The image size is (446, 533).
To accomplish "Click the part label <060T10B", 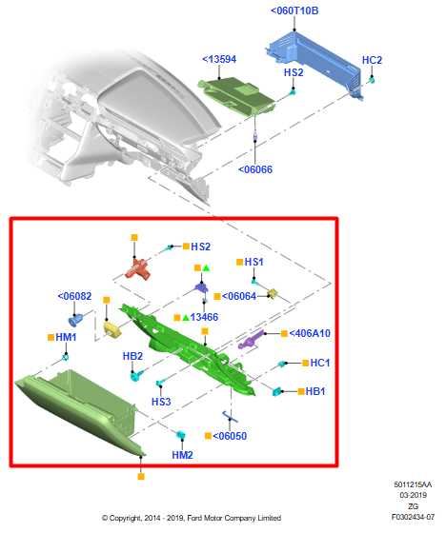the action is (294, 10).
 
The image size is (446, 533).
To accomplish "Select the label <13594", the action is (219, 59).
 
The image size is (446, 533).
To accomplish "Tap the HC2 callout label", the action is (372, 60).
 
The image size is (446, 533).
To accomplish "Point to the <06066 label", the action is (255, 169).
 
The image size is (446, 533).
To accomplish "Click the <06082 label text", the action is (74, 296).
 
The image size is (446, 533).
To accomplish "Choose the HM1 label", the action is (66, 337).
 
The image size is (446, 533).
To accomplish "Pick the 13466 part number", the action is (204, 317).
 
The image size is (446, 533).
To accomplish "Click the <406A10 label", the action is (310, 333).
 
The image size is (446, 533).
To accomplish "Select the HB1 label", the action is (315, 391).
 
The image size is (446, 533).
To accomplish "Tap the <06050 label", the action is (230, 436).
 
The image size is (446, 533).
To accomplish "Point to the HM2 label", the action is (182, 455).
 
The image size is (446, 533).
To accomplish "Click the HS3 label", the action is (161, 402).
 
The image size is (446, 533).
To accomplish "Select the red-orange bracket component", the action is (138, 268).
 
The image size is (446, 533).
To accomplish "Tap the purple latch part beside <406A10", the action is (252, 339).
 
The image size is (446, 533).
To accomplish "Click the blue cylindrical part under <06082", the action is (75, 320).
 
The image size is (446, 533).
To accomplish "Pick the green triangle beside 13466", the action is (186, 318).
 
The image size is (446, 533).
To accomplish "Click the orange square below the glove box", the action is (141, 477).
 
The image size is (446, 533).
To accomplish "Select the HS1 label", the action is (254, 262).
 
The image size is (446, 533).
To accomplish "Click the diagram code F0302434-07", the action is (413, 517).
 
